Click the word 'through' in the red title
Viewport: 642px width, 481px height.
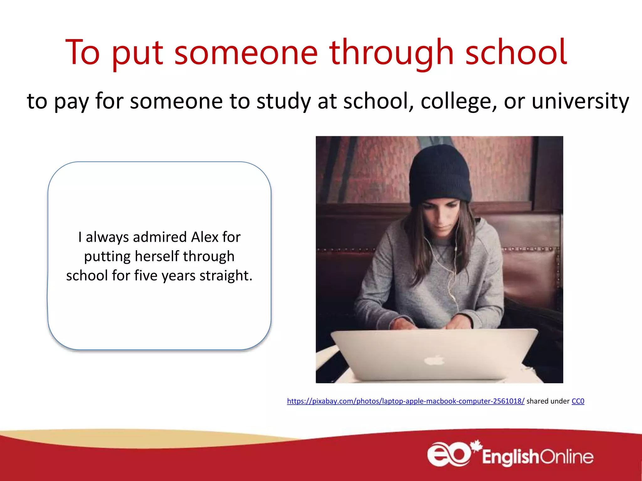[391, 53]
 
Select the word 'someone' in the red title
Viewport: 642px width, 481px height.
[246, 53]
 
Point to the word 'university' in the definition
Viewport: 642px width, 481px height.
[580, 101]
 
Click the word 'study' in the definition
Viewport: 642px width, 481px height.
[284, 101]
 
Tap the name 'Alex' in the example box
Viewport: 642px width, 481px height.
[205, 237]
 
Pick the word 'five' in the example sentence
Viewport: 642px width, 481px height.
[145, 276]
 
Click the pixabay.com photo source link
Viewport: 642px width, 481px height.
[405, 401]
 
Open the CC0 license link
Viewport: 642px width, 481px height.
[578, 401]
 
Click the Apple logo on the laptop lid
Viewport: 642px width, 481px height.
[434, 361]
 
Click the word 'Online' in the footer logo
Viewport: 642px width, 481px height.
[567, 457]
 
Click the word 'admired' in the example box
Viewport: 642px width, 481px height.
[160, 237]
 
